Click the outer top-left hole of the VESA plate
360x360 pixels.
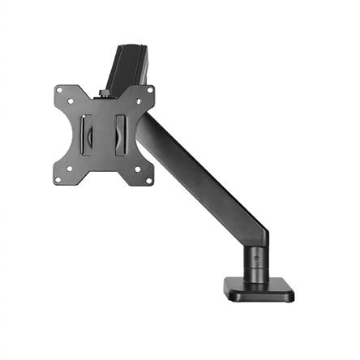(65, 89)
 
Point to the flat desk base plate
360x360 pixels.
(259, 290)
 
